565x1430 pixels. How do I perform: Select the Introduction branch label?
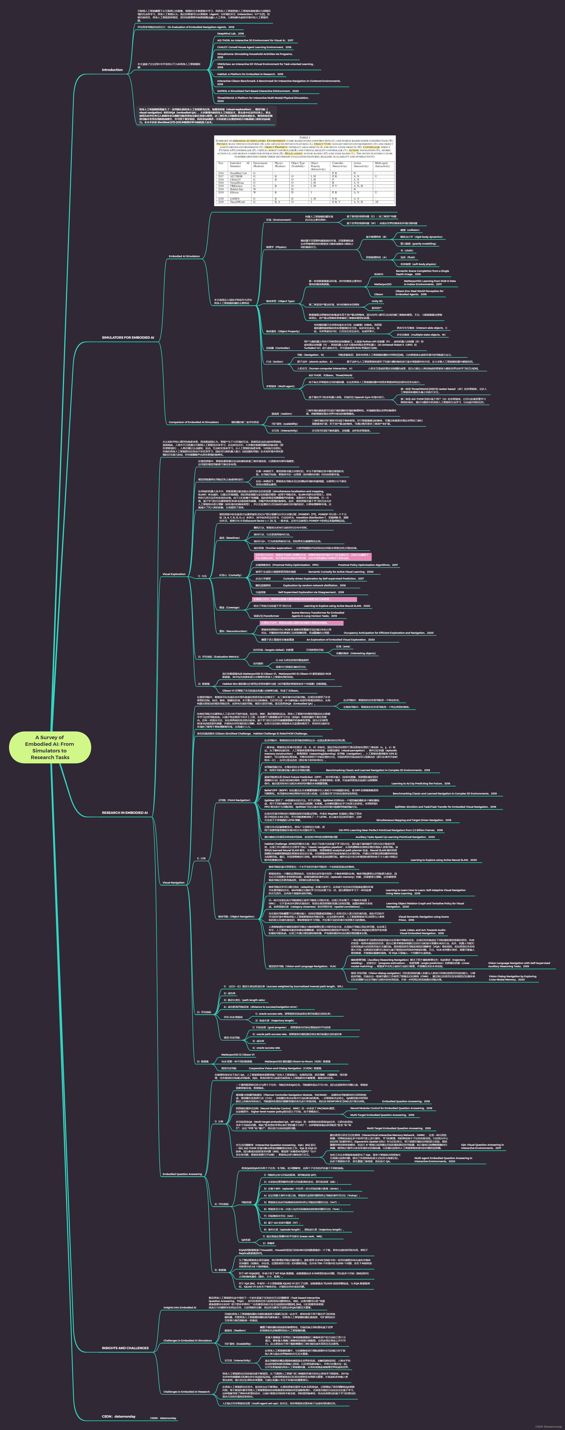click(112, 70)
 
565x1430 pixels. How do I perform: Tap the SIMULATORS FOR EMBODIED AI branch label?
click(128, 337)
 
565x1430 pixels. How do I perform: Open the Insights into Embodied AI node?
click(179, 1307)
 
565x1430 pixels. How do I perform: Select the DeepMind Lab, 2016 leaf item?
click(230, 34)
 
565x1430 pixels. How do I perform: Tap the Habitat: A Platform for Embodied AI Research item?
click(250, 74)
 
